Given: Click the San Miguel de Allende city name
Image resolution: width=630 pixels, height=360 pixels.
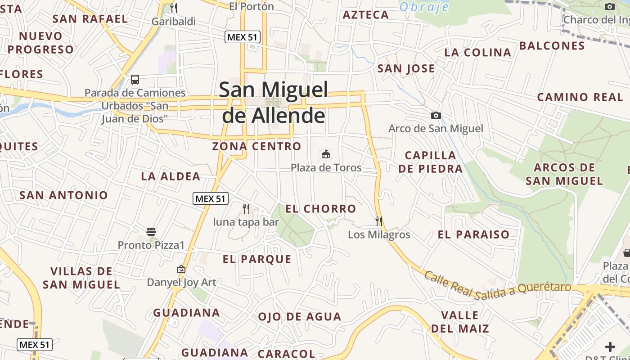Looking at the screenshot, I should pyautogui.click(x=273, y=103).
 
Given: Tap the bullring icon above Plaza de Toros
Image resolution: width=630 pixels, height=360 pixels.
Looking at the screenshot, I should pyautogui.click(x=326, y=154).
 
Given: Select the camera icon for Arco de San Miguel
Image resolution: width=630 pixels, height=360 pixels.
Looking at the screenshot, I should pyautogui.click(x=436, y=116).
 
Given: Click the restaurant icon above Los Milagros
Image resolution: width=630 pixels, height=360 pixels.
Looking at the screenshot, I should pyautogui.click(x=379, y=221).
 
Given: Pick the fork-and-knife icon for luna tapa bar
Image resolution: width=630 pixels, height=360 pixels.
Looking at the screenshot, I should pyautogui.click(x=246, y=208).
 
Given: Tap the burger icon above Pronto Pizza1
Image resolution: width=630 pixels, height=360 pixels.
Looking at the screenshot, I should pyautogui.click(x=151, y=232).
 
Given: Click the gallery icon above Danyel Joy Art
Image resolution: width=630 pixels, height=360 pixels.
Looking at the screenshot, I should pyautogui.click(x=181, y=269).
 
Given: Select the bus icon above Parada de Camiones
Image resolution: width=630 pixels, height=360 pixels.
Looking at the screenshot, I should pyautogui.click(x=135, y=80).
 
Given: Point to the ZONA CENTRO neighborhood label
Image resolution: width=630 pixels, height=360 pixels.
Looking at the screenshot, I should pyautogui.click(x=256, y=146).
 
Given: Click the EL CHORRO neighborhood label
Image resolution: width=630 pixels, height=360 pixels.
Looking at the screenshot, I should pyautogui.click(x=321, y=209).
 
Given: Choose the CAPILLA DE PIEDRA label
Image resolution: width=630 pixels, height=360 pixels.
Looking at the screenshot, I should pyautogui.click(x=431, y=162).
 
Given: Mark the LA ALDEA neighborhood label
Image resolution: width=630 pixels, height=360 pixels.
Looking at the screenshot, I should pyautogui.click(x=171, y=176).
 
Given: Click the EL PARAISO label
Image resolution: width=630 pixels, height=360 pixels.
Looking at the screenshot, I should pyautogui.click(x=473, y=234).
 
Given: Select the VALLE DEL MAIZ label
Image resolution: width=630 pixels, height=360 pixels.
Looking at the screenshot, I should pyautogui.click(x=460, y=322).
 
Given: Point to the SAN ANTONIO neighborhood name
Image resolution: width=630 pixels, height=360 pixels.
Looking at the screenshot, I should pyautogui.click(x=63, y=195).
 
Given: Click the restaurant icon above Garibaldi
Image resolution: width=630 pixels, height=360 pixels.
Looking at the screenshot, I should pyautogui.click(x=174, y=8).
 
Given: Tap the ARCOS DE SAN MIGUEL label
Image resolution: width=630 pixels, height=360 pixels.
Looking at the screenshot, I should pyautogui.click(x=564, y=174).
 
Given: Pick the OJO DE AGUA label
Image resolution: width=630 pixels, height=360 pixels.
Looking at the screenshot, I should pyautogui.click(x=299, y=317).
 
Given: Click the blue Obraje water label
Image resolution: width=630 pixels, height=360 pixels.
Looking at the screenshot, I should pyautogui.click(x=424, y=7).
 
